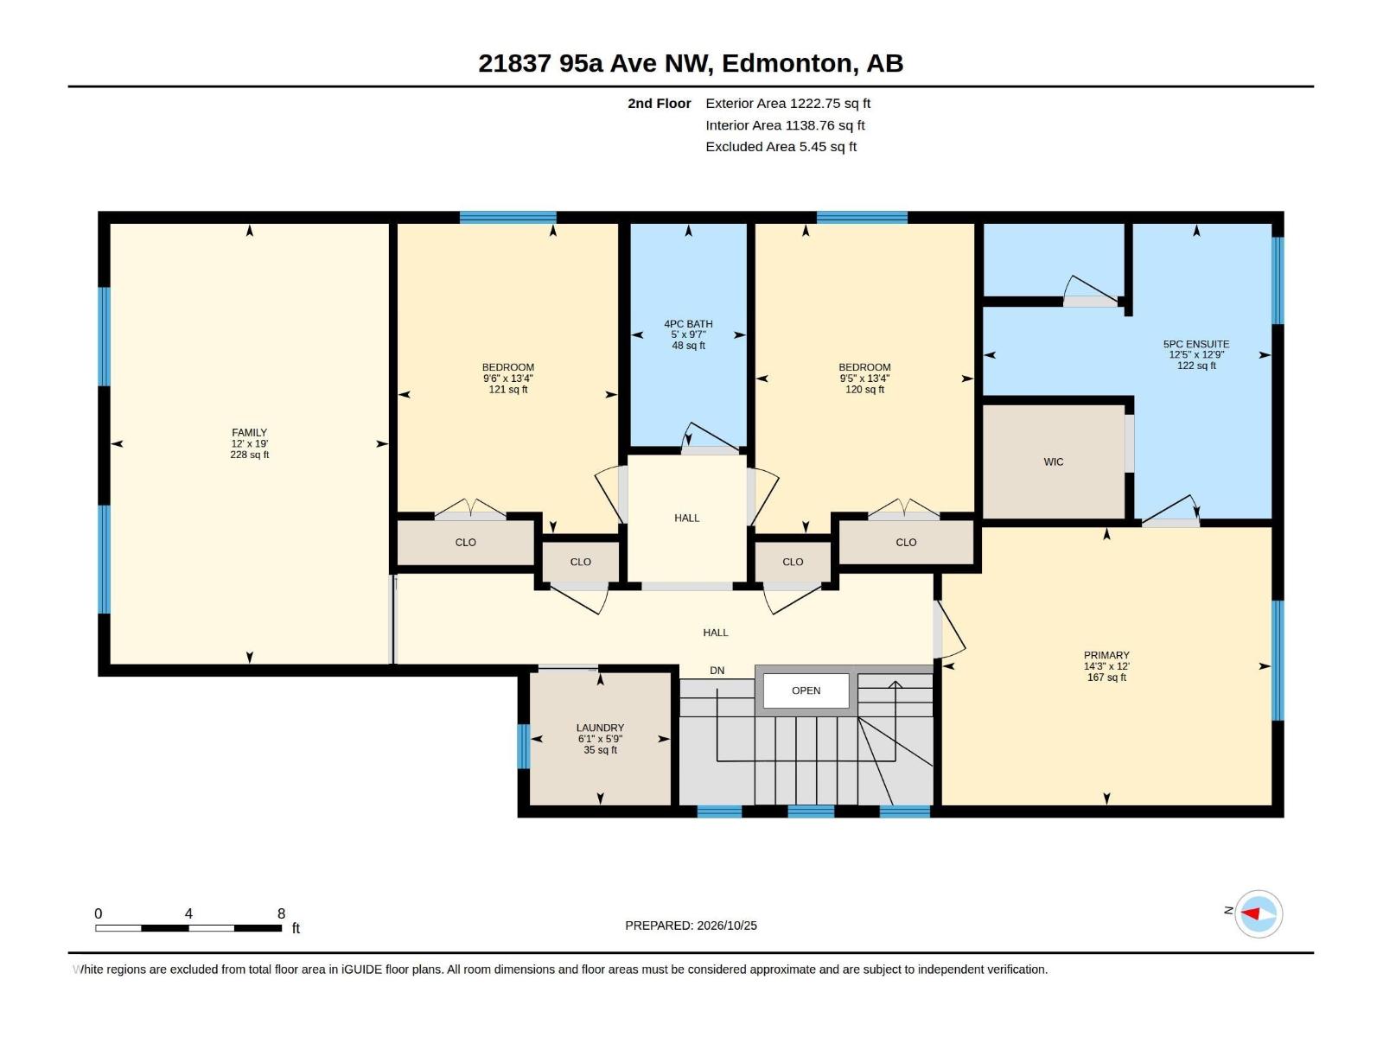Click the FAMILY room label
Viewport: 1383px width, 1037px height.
[x=250, y=433]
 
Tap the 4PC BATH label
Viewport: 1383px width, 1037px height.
[x=688, y=323]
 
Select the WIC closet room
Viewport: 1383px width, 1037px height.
[x=1054, y=461]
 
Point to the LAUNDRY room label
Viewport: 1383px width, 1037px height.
[x=600, y=728]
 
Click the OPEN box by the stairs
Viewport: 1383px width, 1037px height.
[x=806, y=690]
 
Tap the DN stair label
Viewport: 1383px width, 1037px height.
[x=717, y=671]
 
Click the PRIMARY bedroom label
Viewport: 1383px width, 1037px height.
[x=1106, y=655]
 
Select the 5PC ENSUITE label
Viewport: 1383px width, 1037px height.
[x=1196, y=344]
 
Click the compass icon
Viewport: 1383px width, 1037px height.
[x=1259, y=913]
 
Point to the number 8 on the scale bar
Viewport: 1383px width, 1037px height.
[x=281, y=913]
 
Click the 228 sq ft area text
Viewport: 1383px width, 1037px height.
[x=250, y=455]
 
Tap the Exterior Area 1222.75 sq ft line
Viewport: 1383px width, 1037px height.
[x=787, y=103]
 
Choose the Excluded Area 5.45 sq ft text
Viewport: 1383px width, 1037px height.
[x=781, y=147]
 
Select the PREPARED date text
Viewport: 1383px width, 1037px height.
[x=691, y=926]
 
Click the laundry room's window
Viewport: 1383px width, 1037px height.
[x=523, y=746]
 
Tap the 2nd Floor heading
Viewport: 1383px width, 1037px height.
[x=659, y=103]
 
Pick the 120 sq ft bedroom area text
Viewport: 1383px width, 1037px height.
[x=864, y=390]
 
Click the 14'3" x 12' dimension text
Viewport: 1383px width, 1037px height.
[x=1106, y=666]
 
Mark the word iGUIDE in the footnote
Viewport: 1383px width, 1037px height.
[x=361, y=970]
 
